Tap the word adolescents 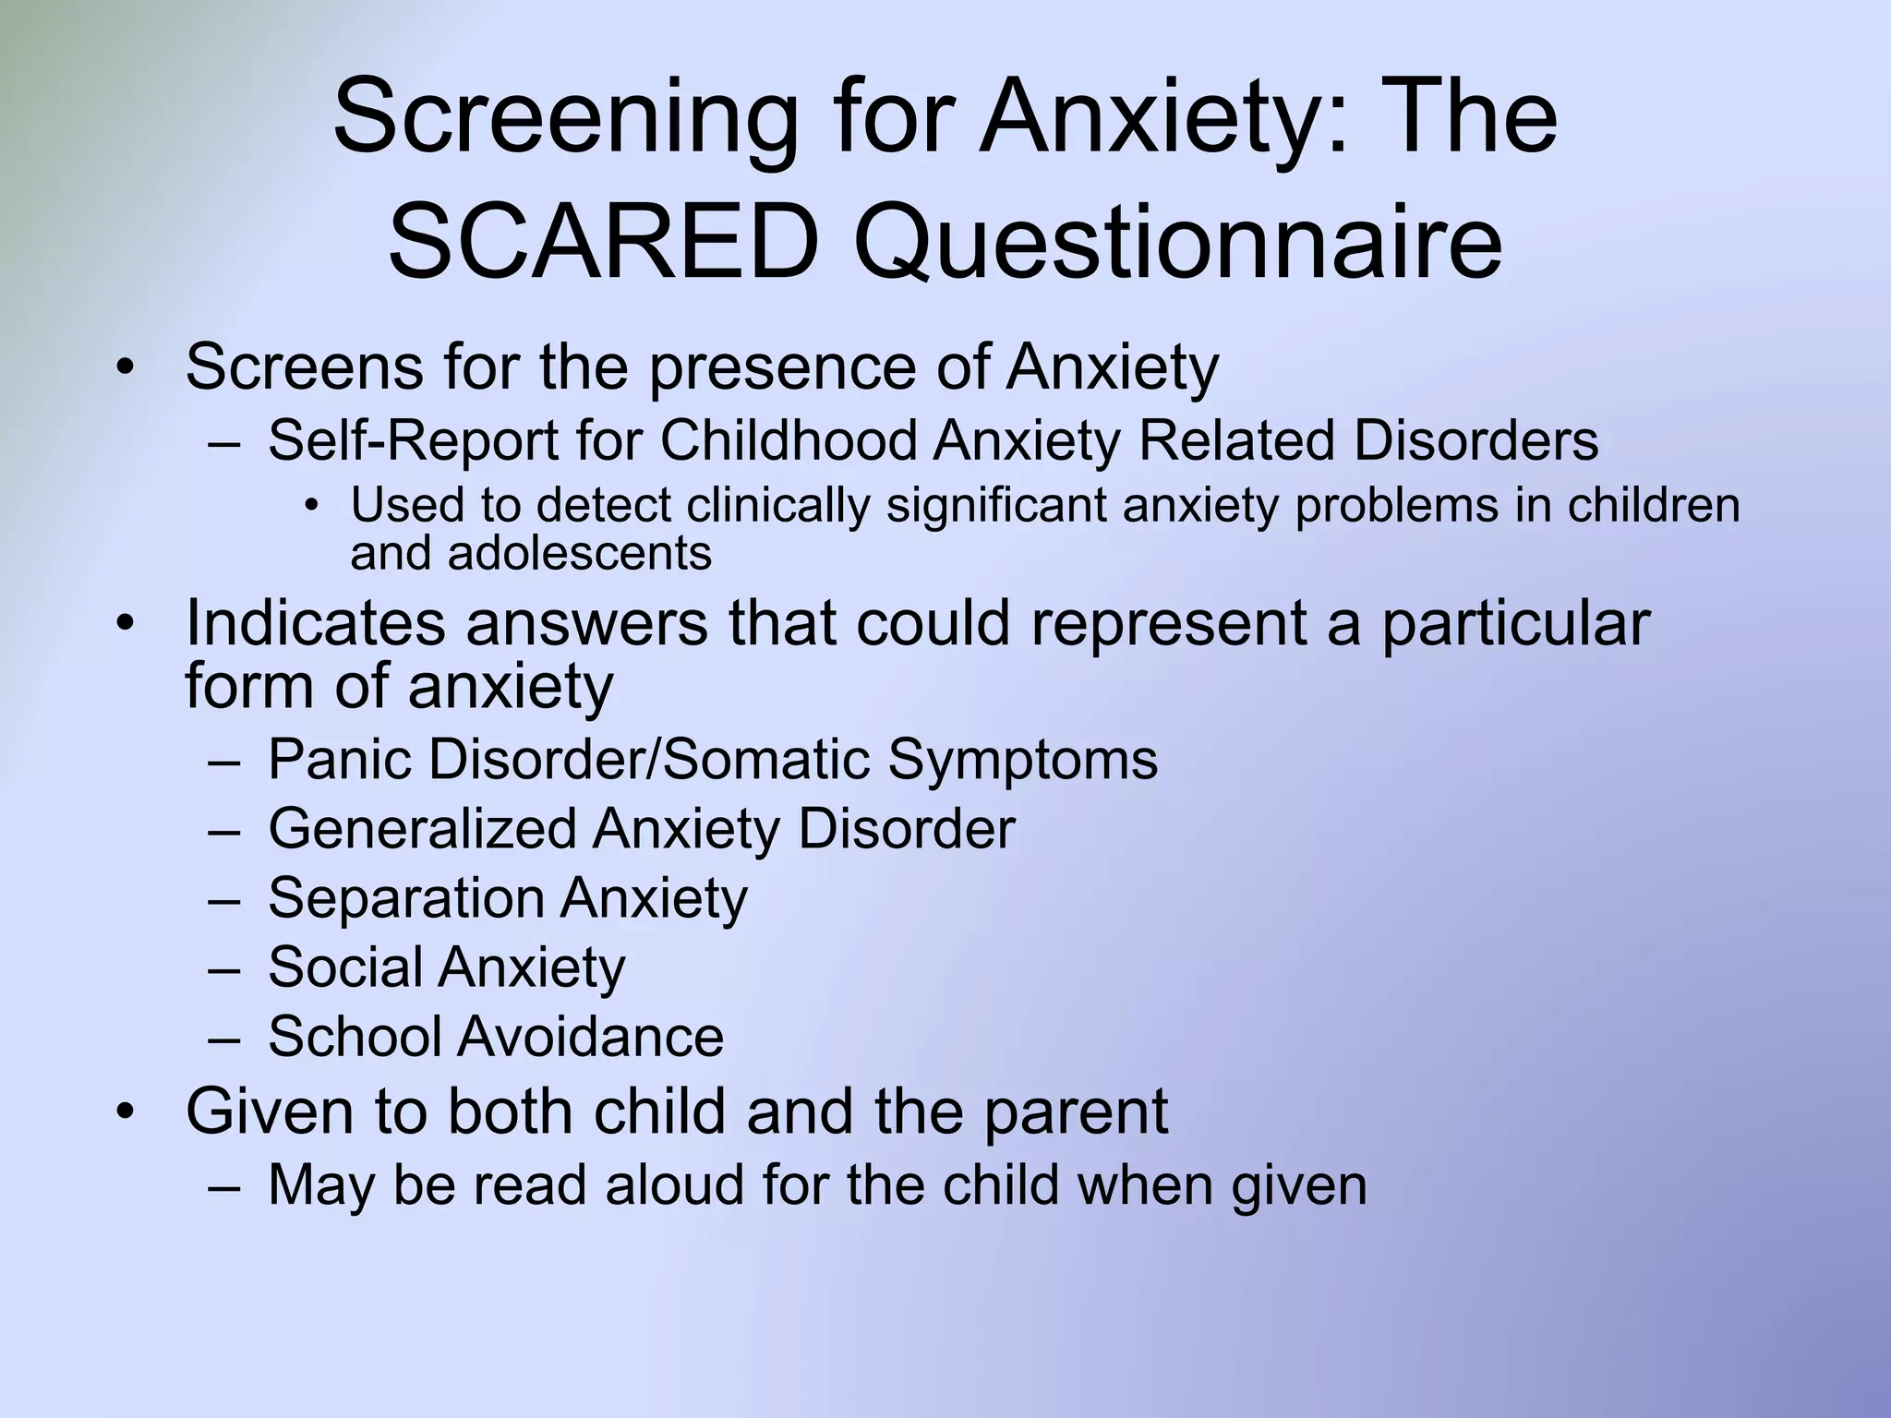point(579,553)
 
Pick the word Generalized point(422,829)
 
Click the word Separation point(405,899)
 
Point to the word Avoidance point(591,1036)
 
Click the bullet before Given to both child point(126,1112)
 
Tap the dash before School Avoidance point(223,1038)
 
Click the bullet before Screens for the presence point(126,367)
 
